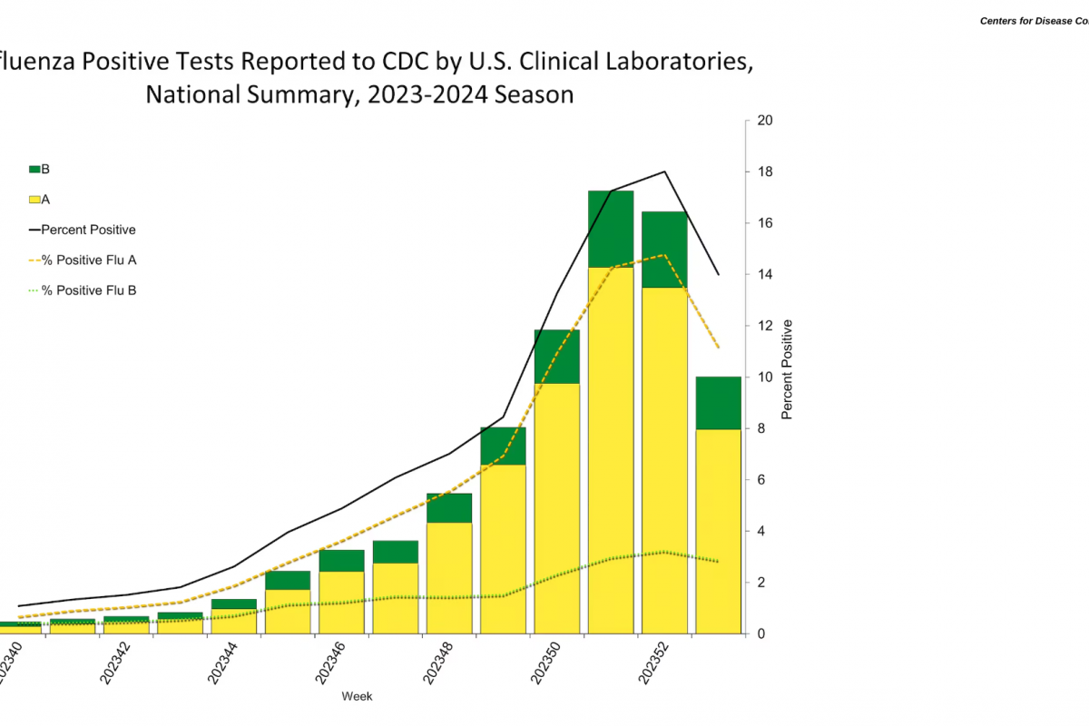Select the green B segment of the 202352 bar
pos(664,250)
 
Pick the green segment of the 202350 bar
pos(557,357)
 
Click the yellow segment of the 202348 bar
pos(449,577)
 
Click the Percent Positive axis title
pos(787,369)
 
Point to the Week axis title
pos(357,696)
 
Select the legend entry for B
pos(40,170)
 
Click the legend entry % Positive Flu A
pos(89,260)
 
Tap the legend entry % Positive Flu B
pos(89,290)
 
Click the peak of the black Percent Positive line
pos(665,172)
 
